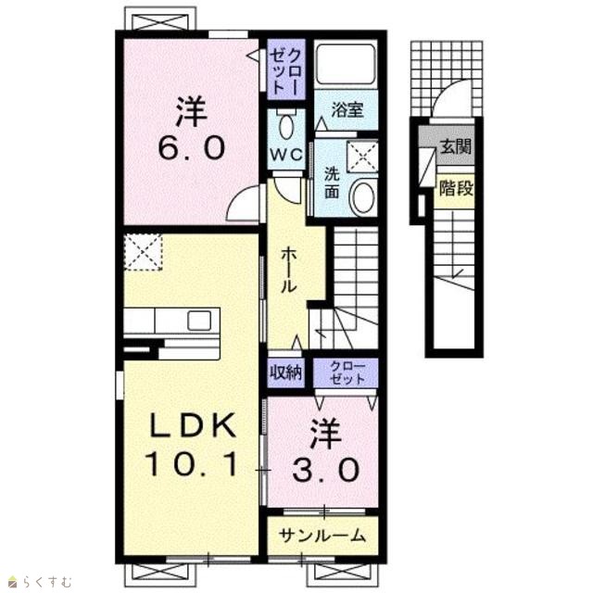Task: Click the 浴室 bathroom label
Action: click(347, 109)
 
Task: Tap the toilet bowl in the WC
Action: click(285, 126)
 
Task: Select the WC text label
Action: click(285, 154)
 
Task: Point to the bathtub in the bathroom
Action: click(346, 64)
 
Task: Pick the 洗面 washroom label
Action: click(332, 183)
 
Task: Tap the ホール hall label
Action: click(288, 270)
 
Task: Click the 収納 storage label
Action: click(286, 372)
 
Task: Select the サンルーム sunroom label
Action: click(322, 536)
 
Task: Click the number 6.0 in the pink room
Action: click(192, 148)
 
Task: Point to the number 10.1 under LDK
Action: click(192, 464)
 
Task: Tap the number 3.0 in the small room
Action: click(325, 470)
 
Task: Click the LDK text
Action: click(192, 426)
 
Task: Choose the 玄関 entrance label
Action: click(456, 146)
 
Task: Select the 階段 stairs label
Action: click(456, 188)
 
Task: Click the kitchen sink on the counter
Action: click(199, 321)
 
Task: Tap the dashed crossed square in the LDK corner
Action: click(143, 251)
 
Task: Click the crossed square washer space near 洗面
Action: click(362, 156)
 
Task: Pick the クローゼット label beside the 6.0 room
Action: click(286, 71)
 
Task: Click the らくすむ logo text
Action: click(46, 581)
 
